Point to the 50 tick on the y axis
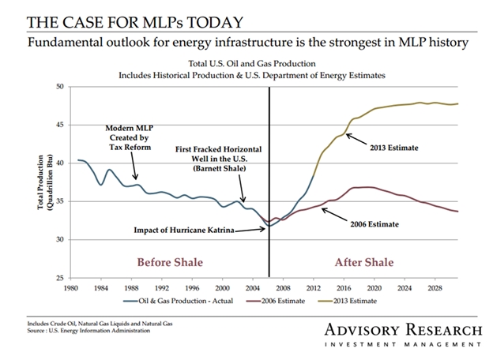[x=61, y=86]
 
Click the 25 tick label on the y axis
[x=61, y=278]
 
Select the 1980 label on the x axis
[x=72, y=289]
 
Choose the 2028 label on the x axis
[x=435, y=289]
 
